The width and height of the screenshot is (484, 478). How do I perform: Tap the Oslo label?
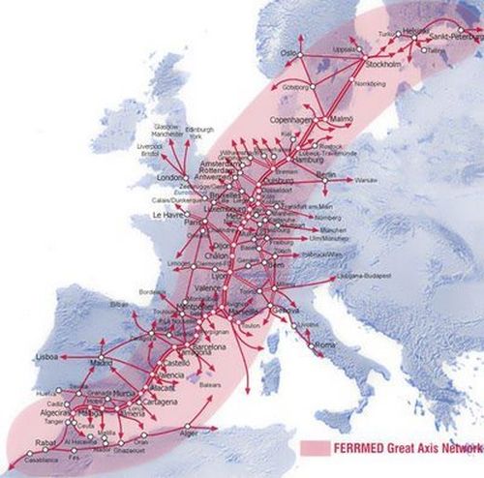click(x=289, y=53)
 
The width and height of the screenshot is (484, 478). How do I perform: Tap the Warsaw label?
click(x=366, y=180)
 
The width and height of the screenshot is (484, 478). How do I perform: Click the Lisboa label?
click(x=47, y=356)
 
